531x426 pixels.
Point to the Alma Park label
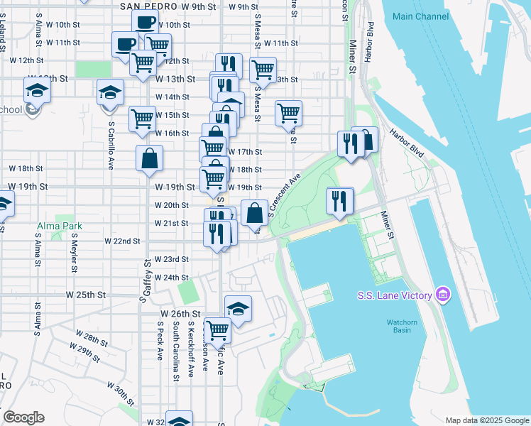point(60,226)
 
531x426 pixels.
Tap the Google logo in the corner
point(23,417)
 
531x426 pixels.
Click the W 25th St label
point(86,295)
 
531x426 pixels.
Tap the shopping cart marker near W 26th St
point(217,329)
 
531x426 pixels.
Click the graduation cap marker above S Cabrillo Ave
point(110,92)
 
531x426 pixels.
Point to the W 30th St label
point(121,391)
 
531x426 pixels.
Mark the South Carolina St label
point(175,351)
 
